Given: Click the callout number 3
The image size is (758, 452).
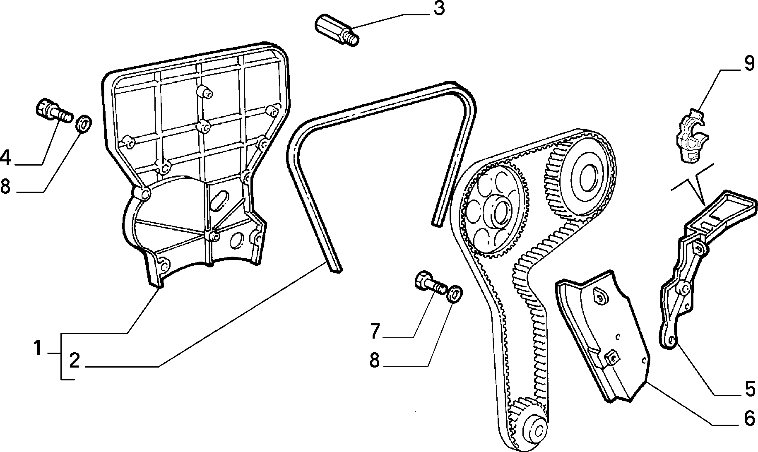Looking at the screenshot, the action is [438, 9].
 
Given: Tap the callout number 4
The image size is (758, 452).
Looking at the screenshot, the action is [6, 158].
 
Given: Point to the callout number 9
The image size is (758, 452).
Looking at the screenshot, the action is [749, 65].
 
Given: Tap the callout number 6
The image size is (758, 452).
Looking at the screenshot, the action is [749, 419].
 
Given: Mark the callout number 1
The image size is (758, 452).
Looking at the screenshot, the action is [38, 348].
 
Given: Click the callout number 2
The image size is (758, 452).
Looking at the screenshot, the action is [74, 361].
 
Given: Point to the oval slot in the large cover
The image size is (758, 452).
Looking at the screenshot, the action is [219, 202].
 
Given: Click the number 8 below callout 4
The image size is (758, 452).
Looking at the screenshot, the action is [5, 187].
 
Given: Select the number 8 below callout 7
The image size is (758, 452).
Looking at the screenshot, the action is [375, 361].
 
